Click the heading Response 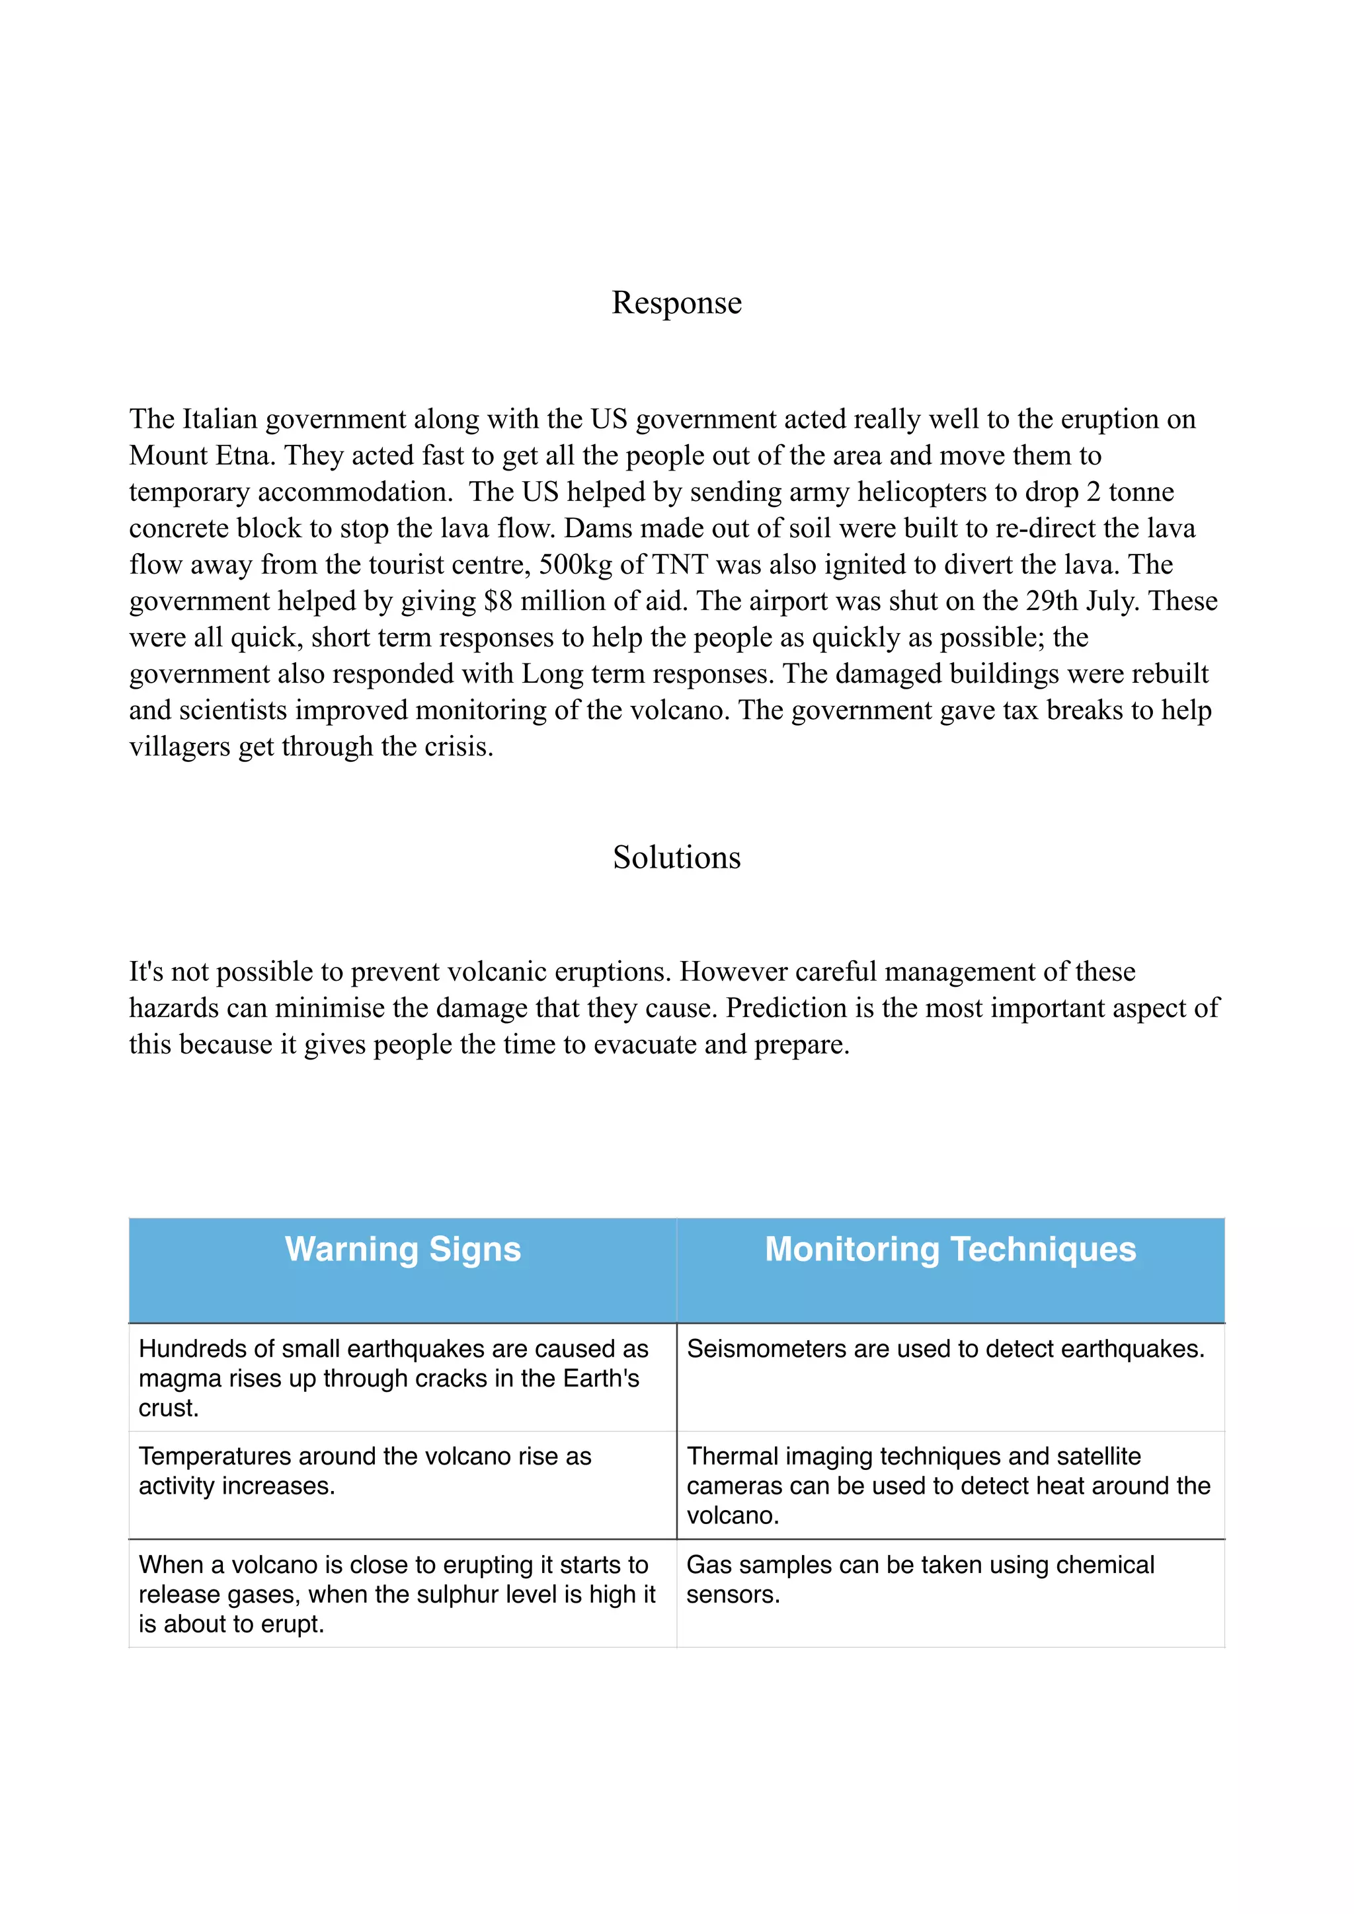coord(676,303)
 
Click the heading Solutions coord(676,857)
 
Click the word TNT coord(680,565)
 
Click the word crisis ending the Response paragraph coord(458,747)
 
